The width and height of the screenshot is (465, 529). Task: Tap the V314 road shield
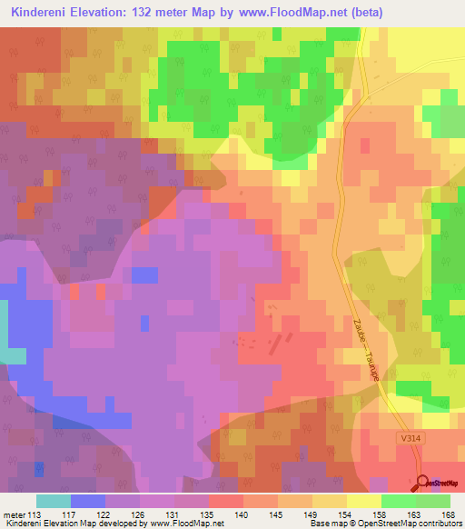[411, 438]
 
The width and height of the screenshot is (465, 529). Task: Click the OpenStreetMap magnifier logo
[423, 482]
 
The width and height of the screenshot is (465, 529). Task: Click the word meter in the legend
[15, 514]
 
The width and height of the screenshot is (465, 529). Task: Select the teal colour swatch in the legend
[54, 501]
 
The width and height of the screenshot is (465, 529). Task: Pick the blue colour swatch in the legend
[88, 501]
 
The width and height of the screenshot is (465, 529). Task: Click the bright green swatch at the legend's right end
[433, 501]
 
